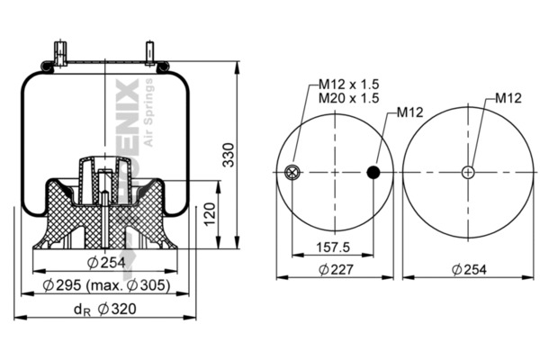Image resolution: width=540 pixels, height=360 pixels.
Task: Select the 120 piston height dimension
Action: click(x=209, y=214)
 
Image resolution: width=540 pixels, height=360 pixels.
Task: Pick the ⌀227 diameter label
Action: click(x=335, y=269)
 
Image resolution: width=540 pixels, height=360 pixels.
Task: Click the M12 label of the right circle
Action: click(x=508, y=98)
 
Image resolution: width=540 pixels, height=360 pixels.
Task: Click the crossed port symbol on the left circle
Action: click(x=292, y=173)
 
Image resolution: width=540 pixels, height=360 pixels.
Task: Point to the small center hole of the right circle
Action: click(x=468, y=173)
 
